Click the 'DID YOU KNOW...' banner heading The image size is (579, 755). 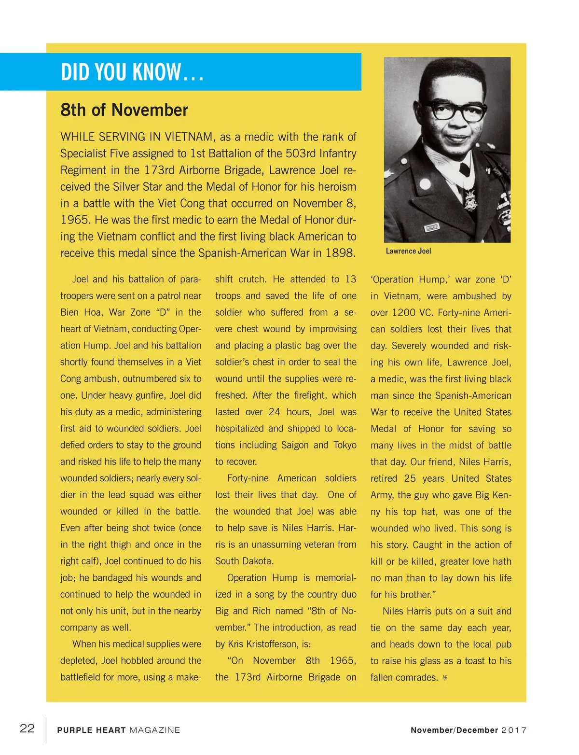(x=132, y=72)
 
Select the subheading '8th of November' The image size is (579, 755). (x=124, y=110)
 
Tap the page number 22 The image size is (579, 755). (x=27, y=728)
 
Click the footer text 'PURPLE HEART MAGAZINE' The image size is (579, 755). (x=118, y=730)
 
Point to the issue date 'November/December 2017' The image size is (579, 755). (x=468, y=730)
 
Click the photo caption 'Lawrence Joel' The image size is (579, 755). (x=408, y=251)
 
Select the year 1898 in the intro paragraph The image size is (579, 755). (x=340, y=253)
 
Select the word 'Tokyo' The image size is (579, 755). (x=345, y=445)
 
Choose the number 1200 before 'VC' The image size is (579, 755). (x=403, y=312)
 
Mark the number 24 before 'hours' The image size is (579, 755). (x=274, y=412)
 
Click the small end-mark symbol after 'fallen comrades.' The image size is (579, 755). (x=445, y=678)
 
